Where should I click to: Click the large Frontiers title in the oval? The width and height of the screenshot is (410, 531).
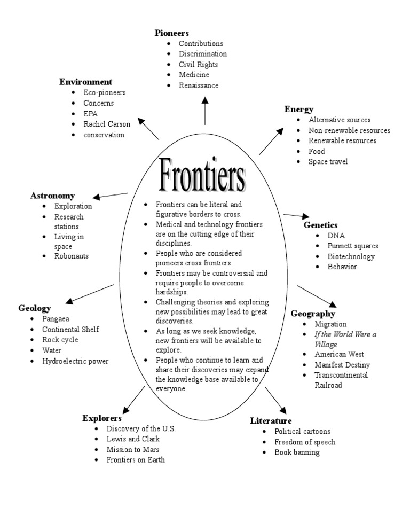(203, 175)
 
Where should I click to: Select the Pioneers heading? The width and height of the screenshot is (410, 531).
(172, 33)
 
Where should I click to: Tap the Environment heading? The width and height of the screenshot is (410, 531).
(85, 82)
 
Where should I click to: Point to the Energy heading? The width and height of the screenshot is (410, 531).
(299, 110)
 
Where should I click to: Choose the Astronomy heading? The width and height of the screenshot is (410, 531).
(52, 196)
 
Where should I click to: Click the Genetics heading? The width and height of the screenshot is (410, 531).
(321, 225)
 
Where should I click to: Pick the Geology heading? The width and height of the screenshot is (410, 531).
(35, 308)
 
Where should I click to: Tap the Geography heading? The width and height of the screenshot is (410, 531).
(313, 314)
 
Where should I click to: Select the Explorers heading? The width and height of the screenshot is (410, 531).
(102, 418)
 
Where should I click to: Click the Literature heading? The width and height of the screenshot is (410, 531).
(271, 421)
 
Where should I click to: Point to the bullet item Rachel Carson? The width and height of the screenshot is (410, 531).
(107, 124)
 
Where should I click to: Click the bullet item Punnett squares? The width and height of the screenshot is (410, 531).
(353, 246)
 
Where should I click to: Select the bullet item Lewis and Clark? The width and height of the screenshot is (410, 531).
(133, 439)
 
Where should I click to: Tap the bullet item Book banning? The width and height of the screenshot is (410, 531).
(297, 452)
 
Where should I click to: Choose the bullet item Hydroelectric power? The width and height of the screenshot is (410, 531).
(75, 361)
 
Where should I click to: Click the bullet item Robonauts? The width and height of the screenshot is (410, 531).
(72, 256)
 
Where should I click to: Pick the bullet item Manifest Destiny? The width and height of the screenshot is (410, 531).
(342, 365)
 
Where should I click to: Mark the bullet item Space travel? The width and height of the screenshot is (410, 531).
(328, 161)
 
